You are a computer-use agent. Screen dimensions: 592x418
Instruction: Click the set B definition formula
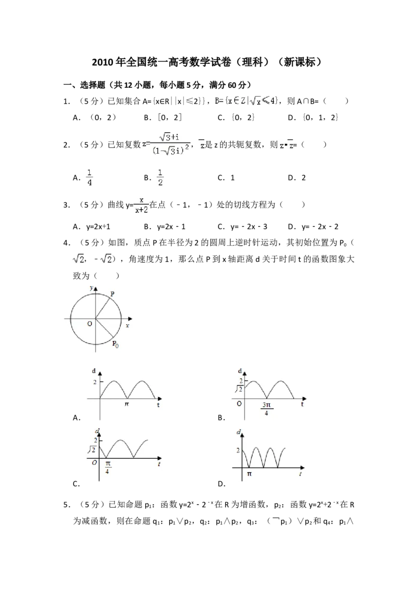(x=246, y=100)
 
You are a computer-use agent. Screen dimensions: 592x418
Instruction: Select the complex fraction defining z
(x=165, y=144)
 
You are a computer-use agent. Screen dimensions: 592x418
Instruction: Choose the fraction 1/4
(x=90, y=178)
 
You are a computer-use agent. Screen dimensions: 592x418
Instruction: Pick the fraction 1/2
(x=161, y=178)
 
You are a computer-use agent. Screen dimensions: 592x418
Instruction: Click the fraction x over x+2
(x=141, y=204)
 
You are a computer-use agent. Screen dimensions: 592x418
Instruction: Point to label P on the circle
(x=112, y=294)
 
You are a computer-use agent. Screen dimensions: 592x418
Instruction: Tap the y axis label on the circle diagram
(x=91, y=288)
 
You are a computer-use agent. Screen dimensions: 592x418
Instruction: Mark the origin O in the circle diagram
(x=90, y=324)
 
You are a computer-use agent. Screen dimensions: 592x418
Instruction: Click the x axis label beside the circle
(x=127, y=325)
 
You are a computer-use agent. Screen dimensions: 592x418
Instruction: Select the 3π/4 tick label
(x=266, y=409)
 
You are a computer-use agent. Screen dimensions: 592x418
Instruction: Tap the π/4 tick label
(x=107, y=467)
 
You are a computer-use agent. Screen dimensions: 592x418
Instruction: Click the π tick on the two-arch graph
(x=126, y=404)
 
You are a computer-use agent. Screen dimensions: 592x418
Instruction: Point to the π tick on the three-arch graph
(x=249, y=473)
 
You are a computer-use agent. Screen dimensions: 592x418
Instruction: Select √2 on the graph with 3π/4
(x=238, y=389)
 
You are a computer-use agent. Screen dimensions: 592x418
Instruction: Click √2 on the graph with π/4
(x=91, y=449)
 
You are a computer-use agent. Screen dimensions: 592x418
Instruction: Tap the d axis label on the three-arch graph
(x=238, y=432)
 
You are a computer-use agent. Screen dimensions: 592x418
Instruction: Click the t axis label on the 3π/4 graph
(x=302, y=404)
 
